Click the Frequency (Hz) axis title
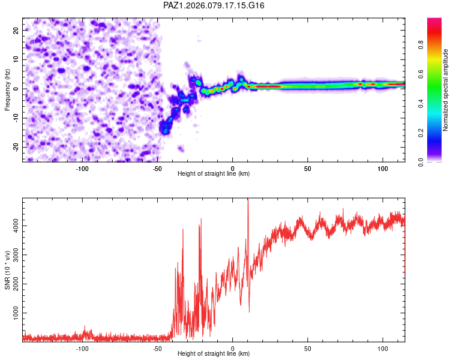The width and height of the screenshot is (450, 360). coord(7,89)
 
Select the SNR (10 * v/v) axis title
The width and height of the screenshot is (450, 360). coord(7,269)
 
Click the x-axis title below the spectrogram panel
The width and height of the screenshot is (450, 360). coord(214,173)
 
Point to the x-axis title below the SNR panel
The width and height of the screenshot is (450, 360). coord(214,353)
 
